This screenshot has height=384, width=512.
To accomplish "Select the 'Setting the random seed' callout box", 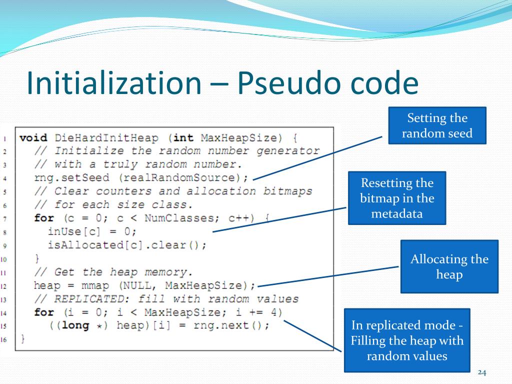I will pyautogui.click(x=437, y=125).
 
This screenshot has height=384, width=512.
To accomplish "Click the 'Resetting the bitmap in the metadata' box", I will pyautogui.click(x=397, y=198).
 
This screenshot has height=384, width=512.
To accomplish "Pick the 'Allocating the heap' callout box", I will pyautogui.click(x=449, y=266).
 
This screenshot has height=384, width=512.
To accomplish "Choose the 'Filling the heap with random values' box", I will pyautogui.click(x=407, y=340).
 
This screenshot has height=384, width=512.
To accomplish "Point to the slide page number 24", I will pyautogui.click(x=482, y=372).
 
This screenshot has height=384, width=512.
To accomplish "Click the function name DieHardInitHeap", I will pyautogui.click(x=106, y=137).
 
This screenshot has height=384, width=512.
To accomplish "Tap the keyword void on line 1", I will pyautogui.click(x=33, y=137).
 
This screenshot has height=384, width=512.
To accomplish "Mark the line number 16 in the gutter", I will pyautogui.click(x=3, y=340).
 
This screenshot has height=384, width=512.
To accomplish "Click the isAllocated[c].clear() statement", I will pyautogui.click(x=127, y=245).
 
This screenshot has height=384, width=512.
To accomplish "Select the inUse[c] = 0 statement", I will pyautogui.click(x=92, y=231).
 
